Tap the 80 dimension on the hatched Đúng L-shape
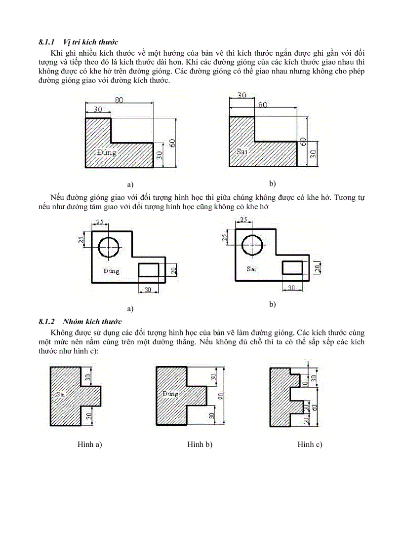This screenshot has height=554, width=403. coord(119,100)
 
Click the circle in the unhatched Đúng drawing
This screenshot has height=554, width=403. coord(109,247)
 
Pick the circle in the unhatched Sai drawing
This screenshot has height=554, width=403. coord(252,245)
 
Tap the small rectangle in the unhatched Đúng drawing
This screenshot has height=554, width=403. coord(148,270)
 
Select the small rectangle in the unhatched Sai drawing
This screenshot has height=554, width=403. coord(292,267)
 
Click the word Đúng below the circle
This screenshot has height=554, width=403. coord(111,271)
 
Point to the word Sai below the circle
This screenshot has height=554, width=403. coord(251,269)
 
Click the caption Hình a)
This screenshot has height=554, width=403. coord(89,444)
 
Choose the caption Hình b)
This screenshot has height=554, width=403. coord(200,444)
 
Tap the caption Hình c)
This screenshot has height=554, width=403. coord(310,444)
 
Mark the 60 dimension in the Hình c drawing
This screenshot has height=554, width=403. coord(315,407)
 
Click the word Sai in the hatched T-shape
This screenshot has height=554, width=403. coord(61,394)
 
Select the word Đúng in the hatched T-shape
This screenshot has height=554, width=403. coord(170,394)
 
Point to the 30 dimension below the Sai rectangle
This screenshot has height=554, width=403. coord(292,288)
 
